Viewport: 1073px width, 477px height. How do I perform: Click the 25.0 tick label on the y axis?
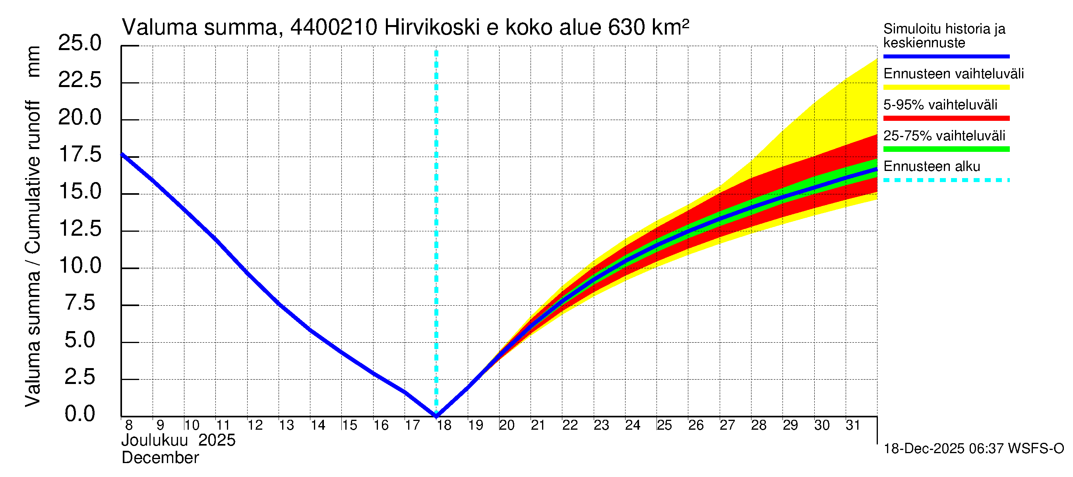pyautogui.click(x=79, y=43)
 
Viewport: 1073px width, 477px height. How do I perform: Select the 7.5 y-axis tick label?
pyautogui.click(x=80, y=303)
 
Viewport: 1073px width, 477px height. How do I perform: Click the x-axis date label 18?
pyautogui.click(x=444, y=425)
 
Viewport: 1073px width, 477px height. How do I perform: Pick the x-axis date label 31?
pyautogui.click(x=853, y=425)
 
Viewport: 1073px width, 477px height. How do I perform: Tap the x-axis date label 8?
pyautogui.click(x=129, y=425)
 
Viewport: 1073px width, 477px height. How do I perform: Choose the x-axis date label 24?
pyautogui.click(x=633, y=425)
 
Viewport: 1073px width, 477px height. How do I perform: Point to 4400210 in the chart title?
pyautogui.click(x=334, y=27)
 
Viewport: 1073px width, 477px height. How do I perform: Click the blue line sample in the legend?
pyautogui.click(x=946, y=56)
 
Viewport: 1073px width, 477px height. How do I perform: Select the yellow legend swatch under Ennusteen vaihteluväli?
pyautogui.click(x=946, y=87)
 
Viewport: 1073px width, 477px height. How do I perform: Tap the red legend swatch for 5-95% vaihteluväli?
pyautogui.click(x=946, y=118)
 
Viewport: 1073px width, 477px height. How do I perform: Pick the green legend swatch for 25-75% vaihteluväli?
pyautogui.click(x=946, y=149)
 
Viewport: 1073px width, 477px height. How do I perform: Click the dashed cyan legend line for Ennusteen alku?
pyautogui.click(x=946, y=180)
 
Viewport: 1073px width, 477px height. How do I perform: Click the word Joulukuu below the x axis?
pyautogui.click(x=155, y=441)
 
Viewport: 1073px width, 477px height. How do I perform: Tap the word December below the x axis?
pyautogui.click(x=161, y=458)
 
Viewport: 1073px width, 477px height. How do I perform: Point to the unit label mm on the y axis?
pyautogui.click(x=33, y=62)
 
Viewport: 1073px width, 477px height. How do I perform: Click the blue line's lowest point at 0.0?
pyautogui.click(x=436, y=415)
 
